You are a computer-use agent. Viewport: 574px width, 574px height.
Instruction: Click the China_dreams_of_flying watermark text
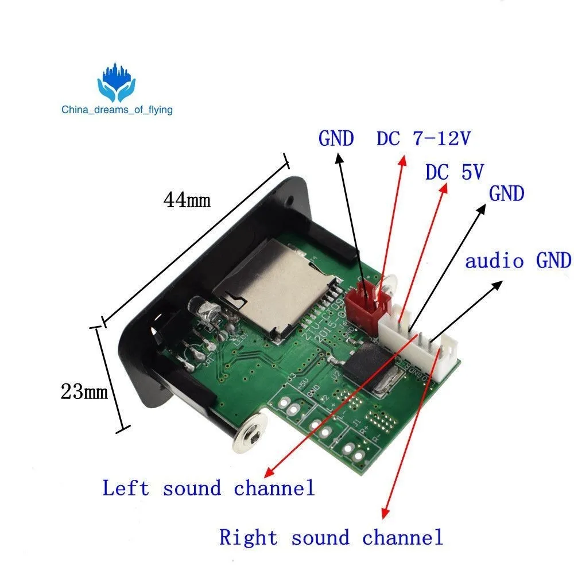tap(118, 109)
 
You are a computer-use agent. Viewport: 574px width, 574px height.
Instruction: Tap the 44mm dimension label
tap(187, 200)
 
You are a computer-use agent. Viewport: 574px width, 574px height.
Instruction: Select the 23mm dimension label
tap(84, 392)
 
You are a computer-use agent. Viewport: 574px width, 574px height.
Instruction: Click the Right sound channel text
tap(331, 538)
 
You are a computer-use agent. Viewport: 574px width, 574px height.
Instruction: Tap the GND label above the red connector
tap(336, 139)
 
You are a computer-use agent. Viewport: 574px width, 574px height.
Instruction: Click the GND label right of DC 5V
tap(507, 194)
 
